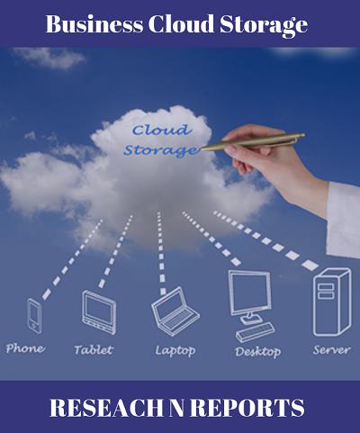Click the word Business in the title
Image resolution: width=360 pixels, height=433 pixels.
tap(94, 24)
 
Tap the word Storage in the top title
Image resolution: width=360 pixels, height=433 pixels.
tap(264, 26)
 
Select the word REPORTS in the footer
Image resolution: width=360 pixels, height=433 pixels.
tap(247, 408)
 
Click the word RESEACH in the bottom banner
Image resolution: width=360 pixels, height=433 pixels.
tap(106, 408)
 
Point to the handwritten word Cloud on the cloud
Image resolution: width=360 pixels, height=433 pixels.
tap(162, 130)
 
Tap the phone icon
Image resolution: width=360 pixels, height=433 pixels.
tap(35, 316)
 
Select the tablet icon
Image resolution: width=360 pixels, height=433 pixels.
tap(99, 312)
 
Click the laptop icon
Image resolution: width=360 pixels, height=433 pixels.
tap(175, 311)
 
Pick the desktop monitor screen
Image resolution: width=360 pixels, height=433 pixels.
tap(249, 293)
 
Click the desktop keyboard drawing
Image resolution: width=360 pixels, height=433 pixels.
tap(255, 332)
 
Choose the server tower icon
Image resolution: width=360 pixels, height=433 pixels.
tap(332, 302)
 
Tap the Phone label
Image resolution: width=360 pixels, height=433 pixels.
tap(25, 348)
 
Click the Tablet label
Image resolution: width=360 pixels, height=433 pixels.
tap(94, 349)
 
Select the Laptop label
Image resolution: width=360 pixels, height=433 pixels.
tap(175, 351)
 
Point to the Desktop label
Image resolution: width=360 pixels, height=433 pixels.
tap(258, 352)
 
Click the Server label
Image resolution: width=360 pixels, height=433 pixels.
tap(332, 350)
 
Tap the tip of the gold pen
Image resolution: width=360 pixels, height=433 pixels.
tap(202, 149)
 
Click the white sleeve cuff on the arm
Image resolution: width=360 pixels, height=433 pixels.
tap(344, 220)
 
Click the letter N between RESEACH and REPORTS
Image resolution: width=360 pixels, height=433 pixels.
tap(176, 408)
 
